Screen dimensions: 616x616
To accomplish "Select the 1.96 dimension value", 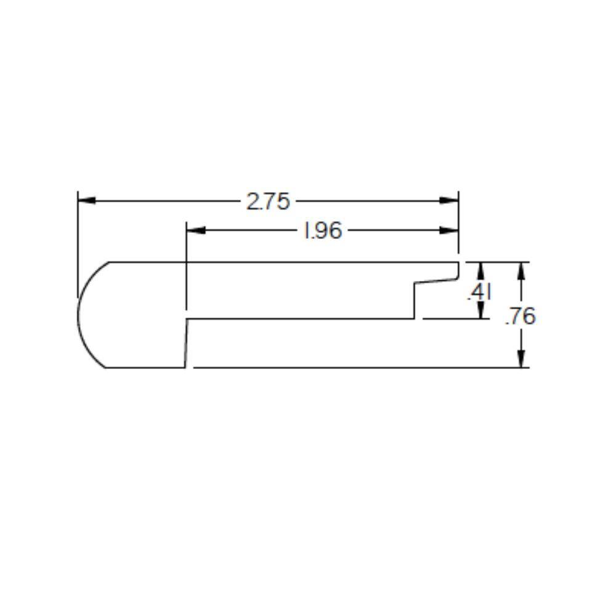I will tap(323, 231).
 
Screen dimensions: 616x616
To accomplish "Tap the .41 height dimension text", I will tap(478, 294).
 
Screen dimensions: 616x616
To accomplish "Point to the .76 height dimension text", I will tap(521, 317).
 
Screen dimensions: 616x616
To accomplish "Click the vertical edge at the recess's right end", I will tap(413, 301).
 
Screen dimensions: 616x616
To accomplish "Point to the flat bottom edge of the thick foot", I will tap(145, 368).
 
